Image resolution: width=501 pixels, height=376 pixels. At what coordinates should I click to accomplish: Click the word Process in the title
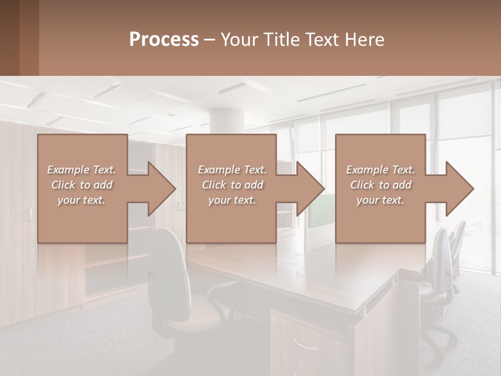(x=164, y=40)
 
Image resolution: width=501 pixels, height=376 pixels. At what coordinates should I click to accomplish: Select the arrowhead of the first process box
(x=161, y=189)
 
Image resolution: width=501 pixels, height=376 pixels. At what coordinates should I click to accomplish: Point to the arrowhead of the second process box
(x=309, y=189)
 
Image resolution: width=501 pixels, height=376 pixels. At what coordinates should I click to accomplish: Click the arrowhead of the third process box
(x=459, y=189)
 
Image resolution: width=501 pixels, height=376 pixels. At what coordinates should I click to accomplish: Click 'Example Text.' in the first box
(x=81, y=170)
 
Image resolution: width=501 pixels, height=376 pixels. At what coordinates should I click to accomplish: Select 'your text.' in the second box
(x=232, y=200)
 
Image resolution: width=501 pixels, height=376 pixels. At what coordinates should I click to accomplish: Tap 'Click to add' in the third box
(x=381, y=185)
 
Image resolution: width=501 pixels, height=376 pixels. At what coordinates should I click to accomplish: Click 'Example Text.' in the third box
(x=380, y=170)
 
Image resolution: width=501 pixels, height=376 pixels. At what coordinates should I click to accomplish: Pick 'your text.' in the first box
(x=81, y=200)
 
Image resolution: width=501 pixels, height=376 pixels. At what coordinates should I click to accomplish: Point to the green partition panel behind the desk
(x=320, y=211)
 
